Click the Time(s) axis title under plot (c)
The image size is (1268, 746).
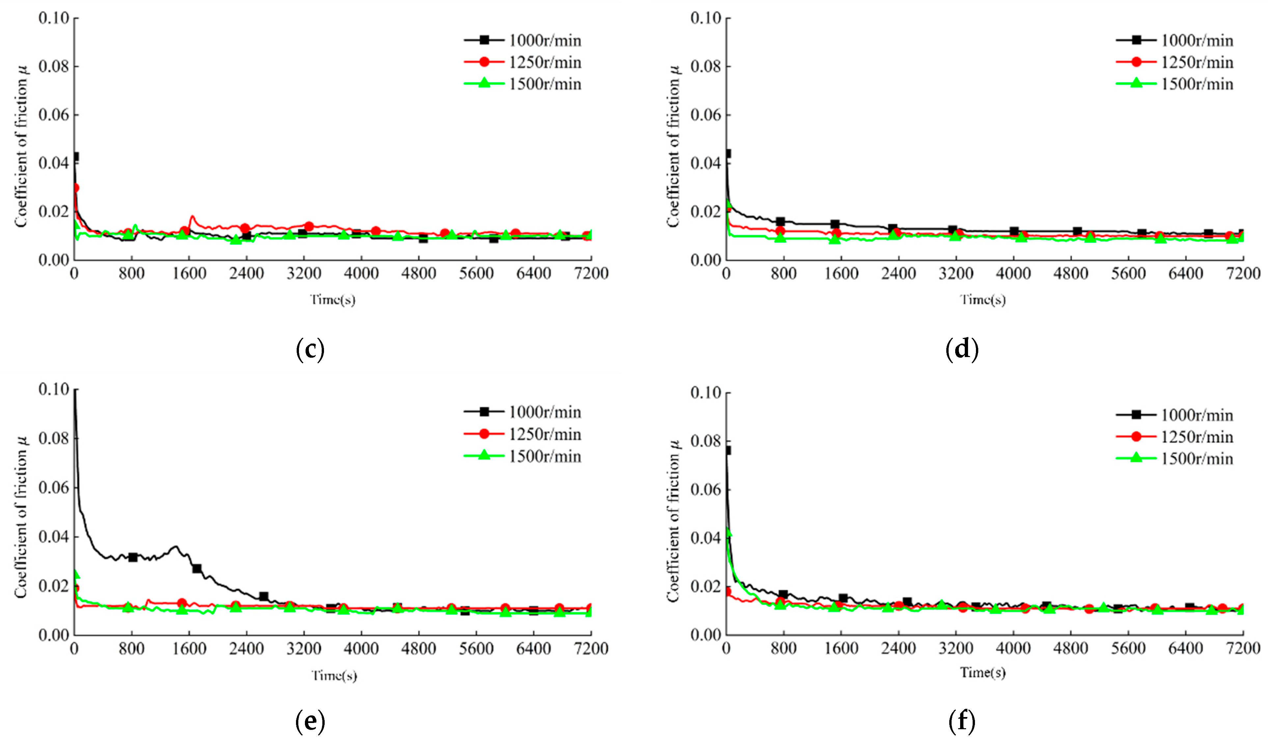[333, 300]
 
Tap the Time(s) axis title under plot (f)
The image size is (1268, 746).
[983, 673]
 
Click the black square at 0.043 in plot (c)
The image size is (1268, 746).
[75, 156]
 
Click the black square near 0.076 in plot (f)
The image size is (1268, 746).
[727, 450]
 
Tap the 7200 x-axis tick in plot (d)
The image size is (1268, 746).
[1243, 274]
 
